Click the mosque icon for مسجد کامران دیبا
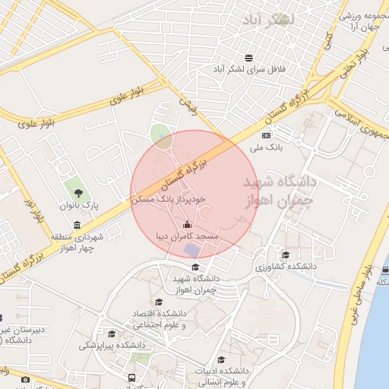click(x=188, y=224)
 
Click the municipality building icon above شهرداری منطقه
click(x=77, y=225)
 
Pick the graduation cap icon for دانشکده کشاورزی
click(x=286, y=255)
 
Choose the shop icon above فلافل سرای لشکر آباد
click(x=248, y=58)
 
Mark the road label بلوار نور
click(x=35, y=212)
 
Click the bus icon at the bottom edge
click(x=133, y=378)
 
